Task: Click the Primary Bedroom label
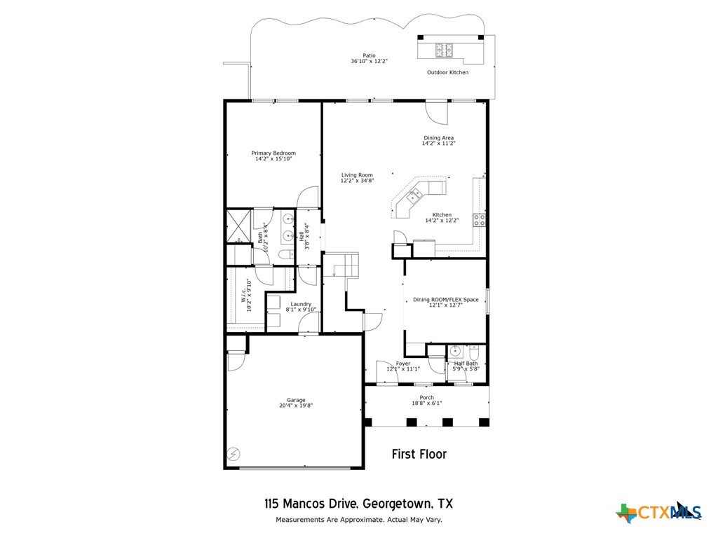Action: [273, 153]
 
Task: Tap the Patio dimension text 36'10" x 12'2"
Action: [369, 61]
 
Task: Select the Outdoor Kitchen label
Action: [447, 72]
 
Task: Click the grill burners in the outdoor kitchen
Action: [444, 50]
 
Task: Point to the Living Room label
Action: [357, 174]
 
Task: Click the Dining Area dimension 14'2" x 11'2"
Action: [439, 143]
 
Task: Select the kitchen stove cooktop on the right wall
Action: [479, 220]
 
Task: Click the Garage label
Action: [296, 400]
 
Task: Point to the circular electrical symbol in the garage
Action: [233, 454]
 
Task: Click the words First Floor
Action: [419, 454]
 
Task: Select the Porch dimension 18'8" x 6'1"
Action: [427, 403]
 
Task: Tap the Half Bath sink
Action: [455, 352]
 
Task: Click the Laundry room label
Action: [301, 304]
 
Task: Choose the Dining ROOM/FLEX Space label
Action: [445, 300]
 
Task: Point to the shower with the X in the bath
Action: [238, 226]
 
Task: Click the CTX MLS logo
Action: [659, 511]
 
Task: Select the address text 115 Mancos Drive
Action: [311, 504]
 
